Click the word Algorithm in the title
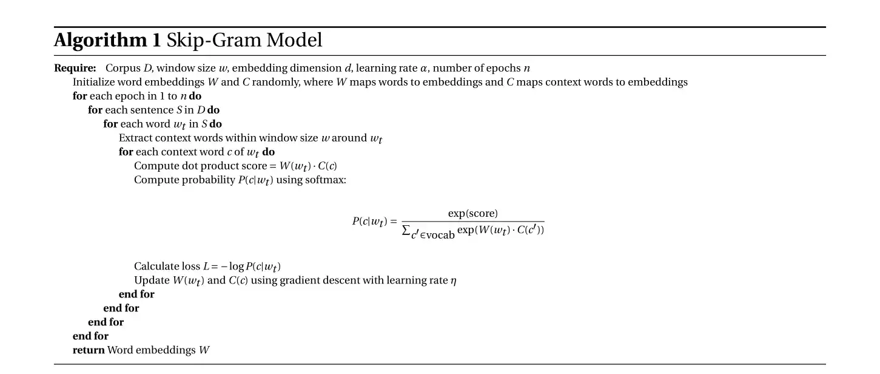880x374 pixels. click(x=100, y=41)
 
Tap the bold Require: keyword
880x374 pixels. click(x=75, y=69)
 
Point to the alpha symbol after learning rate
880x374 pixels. click(x=423, y=69)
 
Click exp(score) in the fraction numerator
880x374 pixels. click(x=472, y=214)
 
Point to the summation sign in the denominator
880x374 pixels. click(x=406, y=231)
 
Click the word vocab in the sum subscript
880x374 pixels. click(x=440, y=235)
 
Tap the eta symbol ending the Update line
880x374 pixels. click(x=454, y=280)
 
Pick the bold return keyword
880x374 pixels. click(x=89, y=350)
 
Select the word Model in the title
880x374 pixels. click(x=294, y=41)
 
